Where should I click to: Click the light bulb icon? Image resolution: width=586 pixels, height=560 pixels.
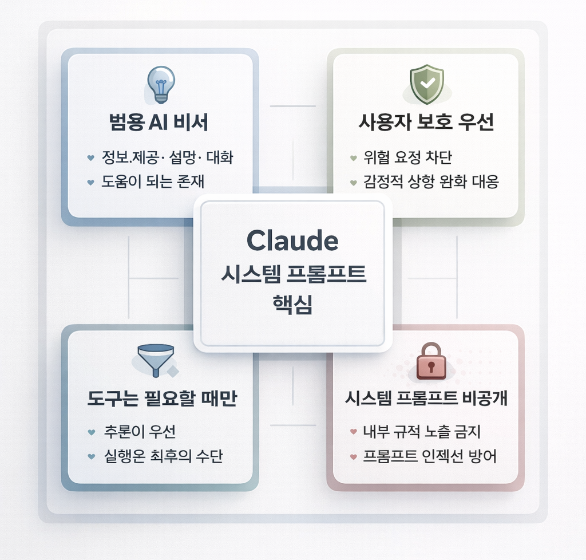[x=161, y=84]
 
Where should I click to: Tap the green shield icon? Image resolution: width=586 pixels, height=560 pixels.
[x=426, y=84]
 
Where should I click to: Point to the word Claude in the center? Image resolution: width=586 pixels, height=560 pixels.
[x=292, y=241]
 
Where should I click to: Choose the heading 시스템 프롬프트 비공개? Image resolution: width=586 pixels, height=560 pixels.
[x=426, y=399]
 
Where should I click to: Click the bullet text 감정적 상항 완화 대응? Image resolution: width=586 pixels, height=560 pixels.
[x=431, y=182]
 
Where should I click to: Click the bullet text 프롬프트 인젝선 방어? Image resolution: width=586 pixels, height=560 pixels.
[x=430, y=456]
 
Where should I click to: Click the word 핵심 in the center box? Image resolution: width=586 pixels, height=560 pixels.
[x=292, y=302]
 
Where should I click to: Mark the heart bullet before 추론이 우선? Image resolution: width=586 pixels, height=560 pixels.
[x=91, y=432]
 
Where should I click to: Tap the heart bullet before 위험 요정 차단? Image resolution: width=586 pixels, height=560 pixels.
[x=353, y=157]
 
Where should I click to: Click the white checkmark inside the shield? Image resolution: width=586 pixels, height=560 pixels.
[x=427, y=83]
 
